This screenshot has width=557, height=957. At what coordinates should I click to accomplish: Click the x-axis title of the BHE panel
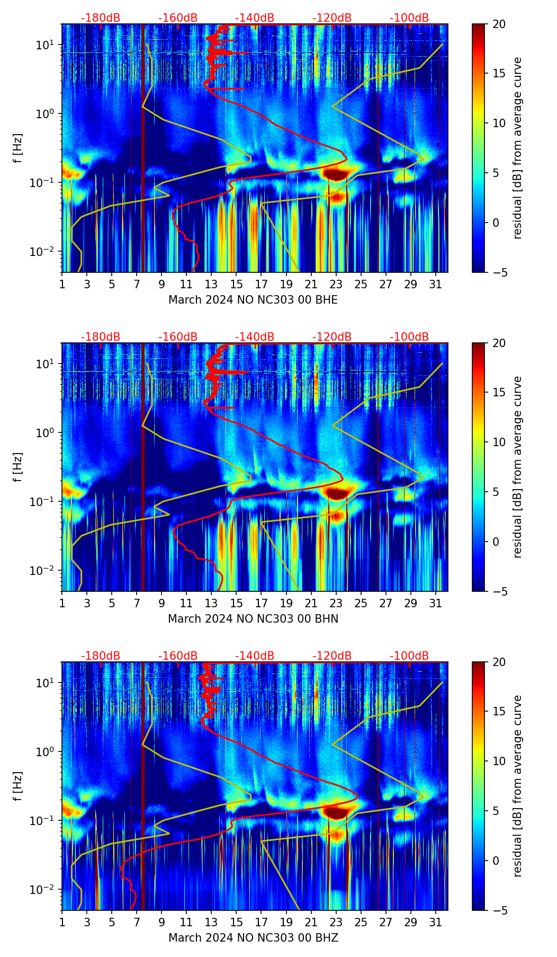[x=253, y=300]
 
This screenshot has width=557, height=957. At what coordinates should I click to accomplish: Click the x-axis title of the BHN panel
[x=253, y=619]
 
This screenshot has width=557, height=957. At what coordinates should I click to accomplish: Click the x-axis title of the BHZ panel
[x=253, y=938]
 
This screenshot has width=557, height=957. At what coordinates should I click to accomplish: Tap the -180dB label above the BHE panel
[x=101, y=18]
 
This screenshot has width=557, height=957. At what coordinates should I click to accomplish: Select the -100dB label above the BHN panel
[x=409, y=337]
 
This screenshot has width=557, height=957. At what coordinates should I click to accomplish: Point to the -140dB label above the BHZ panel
[x=255, y=656]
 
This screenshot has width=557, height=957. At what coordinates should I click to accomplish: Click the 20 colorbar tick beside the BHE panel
[x=499, y=24]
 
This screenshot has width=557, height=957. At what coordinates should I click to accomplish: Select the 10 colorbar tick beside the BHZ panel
[x=499, y=761]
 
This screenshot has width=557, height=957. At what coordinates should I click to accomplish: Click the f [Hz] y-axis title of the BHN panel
[x=18, y=467]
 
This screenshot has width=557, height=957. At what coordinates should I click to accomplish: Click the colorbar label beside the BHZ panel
[x=517, y=786]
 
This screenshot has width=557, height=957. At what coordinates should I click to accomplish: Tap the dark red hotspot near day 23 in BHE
[x=335, y=173]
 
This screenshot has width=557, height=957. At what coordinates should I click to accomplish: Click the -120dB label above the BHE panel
[x=332, y=18]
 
